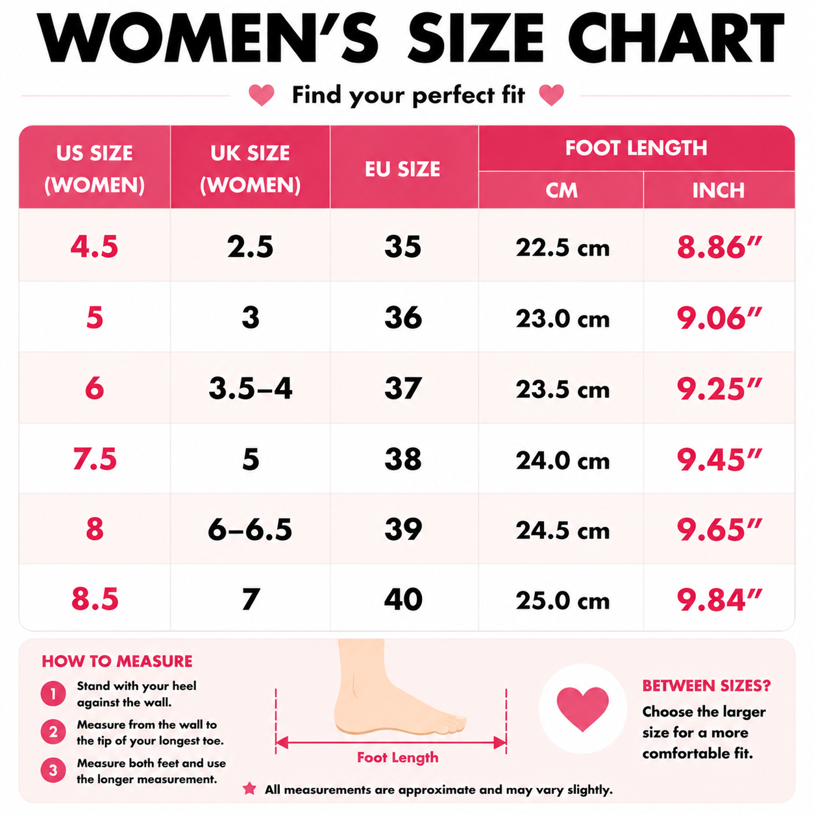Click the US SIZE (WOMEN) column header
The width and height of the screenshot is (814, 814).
pos(94,169)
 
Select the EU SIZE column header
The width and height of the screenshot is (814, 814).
pos(402,169)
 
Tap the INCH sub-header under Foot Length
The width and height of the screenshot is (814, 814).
pos(718,190)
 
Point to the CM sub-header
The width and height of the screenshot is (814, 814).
pos(561,190)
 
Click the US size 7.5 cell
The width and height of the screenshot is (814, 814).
pos(94,459)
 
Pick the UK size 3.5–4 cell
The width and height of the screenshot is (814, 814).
pos(250,389)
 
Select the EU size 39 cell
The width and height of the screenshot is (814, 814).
pos(403,529)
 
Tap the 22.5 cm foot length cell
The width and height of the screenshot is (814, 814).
pos(563,248)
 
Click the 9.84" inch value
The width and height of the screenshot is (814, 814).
pos(719,600)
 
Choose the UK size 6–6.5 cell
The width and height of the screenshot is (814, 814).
pos(250,529)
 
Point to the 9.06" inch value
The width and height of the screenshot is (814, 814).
pos(719,318)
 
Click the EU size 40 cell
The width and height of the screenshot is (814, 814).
pos(403,600)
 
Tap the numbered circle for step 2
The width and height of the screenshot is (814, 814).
pos(53,731)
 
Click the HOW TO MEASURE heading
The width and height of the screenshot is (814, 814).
pos(117,661)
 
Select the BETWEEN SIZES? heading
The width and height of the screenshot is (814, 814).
pos(707,685)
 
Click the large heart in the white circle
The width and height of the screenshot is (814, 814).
pos(583,709)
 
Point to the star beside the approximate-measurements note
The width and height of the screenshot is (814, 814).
pos(250,788)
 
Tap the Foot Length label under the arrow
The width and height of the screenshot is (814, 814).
pos(398,758)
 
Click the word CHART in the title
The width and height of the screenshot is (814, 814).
pos(676,38)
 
